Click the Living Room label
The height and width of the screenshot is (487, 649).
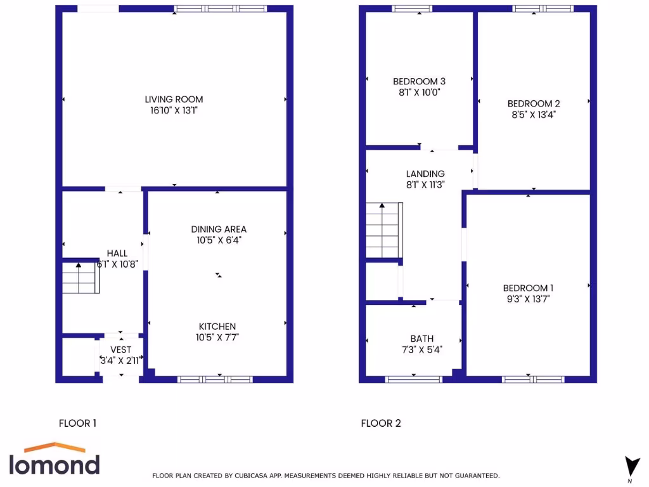(x=174, y=99)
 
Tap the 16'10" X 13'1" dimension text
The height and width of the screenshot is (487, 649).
(x=174, y=110)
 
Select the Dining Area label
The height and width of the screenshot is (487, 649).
(x=219, y=229)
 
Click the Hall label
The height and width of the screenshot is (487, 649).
(x=117, y=253)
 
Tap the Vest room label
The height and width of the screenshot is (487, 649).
(x=121, y=349)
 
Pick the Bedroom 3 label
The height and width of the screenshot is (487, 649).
(x=419, y=81)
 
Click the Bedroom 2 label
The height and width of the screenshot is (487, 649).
(x=534, y=103)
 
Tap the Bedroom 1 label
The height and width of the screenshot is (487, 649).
(x=528, y=287)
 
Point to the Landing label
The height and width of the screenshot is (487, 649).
(x=425, y=174)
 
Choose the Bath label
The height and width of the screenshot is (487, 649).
(x=421, y=339)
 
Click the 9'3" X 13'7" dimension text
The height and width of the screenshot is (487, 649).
(x=527, y=299)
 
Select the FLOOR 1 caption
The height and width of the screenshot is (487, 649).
(x=77, y=423)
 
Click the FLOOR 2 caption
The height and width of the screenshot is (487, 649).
(x=380, y=423)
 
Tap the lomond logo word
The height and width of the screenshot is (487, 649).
(x=54, y=464)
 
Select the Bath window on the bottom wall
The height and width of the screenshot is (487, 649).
(x=414, y=379)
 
